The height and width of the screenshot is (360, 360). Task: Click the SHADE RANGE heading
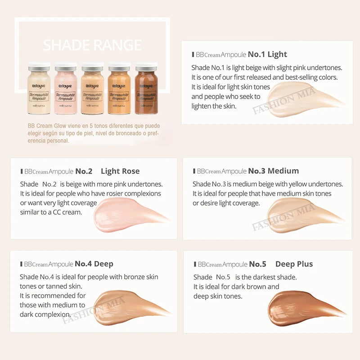92,45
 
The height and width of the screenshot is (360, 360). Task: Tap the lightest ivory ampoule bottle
39,90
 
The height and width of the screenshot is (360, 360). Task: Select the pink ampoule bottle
66,90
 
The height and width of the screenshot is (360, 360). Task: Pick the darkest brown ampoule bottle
146,90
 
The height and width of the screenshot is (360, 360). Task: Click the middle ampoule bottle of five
93,90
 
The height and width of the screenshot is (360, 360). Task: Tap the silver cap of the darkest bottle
146,68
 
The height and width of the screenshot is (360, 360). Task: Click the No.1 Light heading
267,54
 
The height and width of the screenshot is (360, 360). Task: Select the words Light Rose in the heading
120,171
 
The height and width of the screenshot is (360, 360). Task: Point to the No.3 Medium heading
273,171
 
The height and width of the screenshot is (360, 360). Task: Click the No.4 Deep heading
94,264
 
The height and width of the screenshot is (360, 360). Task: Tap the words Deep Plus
294,264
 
